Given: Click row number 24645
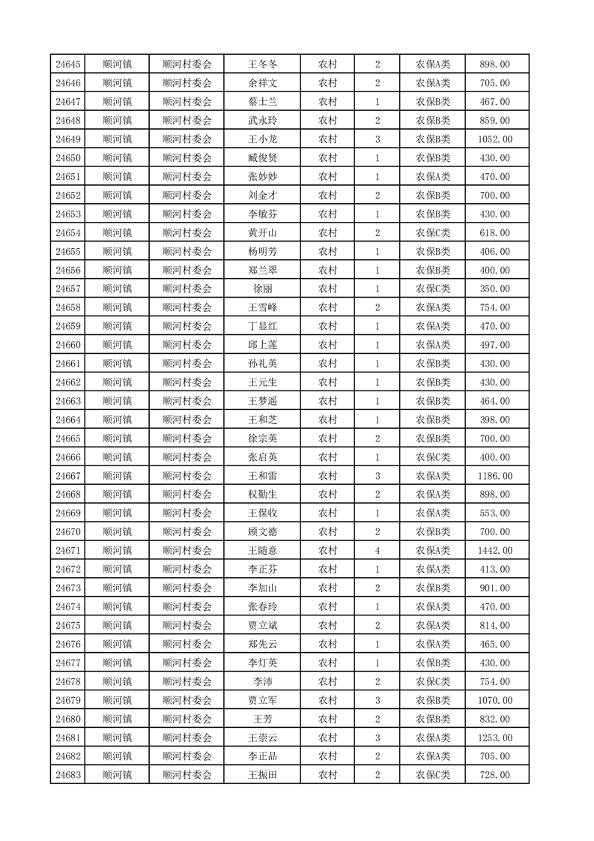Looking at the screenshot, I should tap(68, 64).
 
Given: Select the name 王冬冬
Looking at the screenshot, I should tap(262, 64).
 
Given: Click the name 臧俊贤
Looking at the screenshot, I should tap(262, 158).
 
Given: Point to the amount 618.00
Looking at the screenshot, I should tap(497, 233).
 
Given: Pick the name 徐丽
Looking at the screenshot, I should tap(262, 289).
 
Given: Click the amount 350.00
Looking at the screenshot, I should tap(497, 289).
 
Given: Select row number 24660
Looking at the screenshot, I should tap(68, 345).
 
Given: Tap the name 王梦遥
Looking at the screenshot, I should tap(262, 401).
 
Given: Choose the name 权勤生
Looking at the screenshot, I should tap(262, 495).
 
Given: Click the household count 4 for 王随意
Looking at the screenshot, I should tap(377, 551).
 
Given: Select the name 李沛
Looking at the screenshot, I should tap(262, 681).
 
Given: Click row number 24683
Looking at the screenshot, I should tap(68, 775).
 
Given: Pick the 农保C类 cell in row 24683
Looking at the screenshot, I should tap(433, 775).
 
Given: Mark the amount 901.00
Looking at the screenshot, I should tap(497, 588).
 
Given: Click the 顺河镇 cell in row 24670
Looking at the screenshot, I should tap(117, 532).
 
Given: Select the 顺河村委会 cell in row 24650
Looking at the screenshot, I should tap(187, 158).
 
